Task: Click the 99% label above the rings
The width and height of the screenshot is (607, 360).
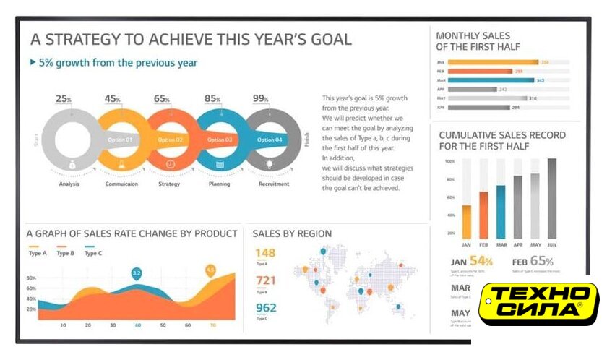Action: point(260,98)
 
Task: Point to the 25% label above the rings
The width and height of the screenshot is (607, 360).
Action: point(64,98)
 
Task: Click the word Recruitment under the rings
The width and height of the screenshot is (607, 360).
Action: point(273,184)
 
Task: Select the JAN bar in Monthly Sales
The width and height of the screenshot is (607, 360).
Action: point(493,62)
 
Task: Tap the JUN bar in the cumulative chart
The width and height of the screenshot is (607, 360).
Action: point(552,199)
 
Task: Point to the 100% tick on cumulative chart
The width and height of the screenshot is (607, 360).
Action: point(449,161)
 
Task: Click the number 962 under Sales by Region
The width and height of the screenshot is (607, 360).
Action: point(266,308)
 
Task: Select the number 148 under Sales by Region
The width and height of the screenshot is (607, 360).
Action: point(266,253)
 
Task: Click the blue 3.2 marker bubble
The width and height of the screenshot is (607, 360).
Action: point(136,273)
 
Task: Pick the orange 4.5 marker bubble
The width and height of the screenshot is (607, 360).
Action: point(210,270)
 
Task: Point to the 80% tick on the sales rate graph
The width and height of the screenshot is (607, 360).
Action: point(31,278)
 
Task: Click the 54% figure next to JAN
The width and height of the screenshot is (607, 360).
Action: point(481,261)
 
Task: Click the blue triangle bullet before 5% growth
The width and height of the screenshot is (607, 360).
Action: point(33,63)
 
